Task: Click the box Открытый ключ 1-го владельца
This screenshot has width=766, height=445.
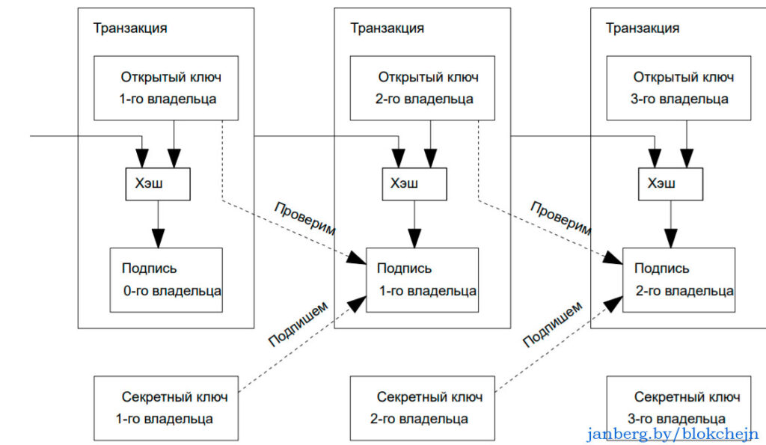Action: click(166, 88)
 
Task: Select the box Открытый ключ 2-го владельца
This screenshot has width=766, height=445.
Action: click(423, 88)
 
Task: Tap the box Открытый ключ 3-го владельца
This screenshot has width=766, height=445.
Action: click(679, 88)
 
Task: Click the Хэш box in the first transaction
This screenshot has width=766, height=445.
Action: click(157, 184)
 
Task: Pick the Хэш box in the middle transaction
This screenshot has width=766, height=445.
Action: click(414, 184)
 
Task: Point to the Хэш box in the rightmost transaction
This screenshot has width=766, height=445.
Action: click(670, 184)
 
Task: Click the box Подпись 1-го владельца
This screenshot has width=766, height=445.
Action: click(422, 280)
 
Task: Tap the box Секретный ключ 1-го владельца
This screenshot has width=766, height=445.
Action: click(166, 408)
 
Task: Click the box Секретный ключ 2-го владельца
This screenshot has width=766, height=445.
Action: click(422, 408)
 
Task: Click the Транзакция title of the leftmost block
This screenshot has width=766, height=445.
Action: click(130, 28)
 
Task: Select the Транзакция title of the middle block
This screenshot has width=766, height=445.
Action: click(387, 28)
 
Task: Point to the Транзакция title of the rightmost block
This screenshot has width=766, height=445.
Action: click(643, 28)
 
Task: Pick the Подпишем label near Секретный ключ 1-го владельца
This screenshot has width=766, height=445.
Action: click(297, 324)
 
